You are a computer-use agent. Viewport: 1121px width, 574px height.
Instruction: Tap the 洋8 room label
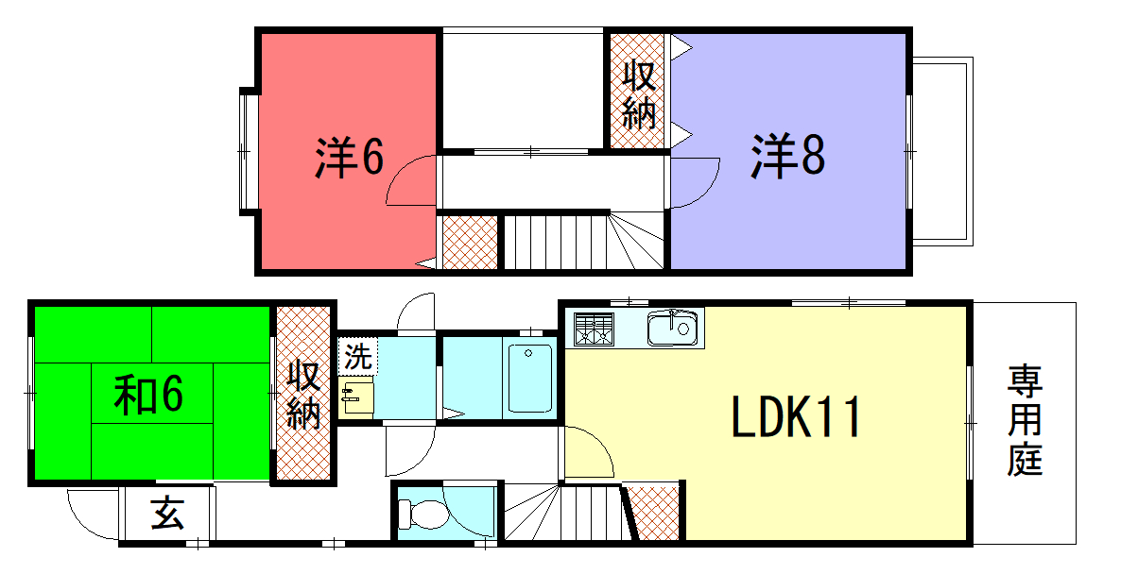[x=787, y=157]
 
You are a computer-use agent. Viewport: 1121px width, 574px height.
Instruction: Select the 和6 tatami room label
[x=148, y=394]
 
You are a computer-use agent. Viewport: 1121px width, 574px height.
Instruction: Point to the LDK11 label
[x=794, y=417]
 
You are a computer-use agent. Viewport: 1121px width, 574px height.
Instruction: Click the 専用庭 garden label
[x=1026, y=420]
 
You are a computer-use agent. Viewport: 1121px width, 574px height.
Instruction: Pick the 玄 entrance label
[x=168, y=514]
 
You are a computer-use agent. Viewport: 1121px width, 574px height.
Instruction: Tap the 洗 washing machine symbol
[x=357, y=356]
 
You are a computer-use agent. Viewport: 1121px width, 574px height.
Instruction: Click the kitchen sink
[x=672, y=329]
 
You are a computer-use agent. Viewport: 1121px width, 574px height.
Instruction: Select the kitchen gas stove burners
[x=595, y=329]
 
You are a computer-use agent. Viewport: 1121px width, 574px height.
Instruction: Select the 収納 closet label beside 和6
[x=303, y=395]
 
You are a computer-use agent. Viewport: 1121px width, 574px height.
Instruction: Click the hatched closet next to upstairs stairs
[x=470, y=243]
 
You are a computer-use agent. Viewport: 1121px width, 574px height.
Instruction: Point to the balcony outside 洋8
[x=942, y=152]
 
